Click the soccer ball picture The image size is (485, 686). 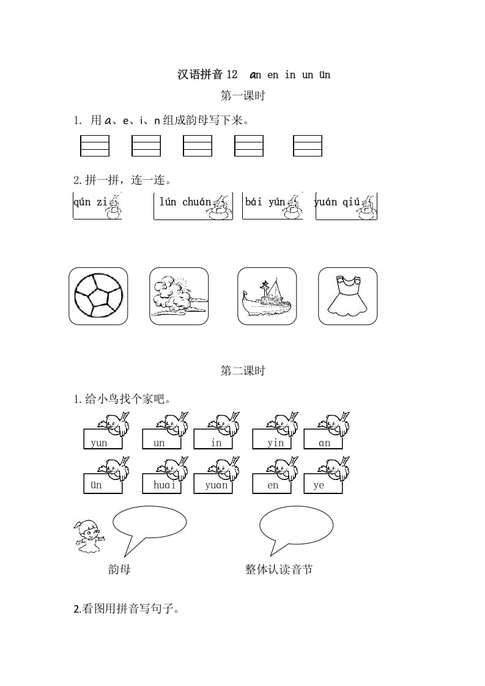pyautogui.click(x=98, y=296)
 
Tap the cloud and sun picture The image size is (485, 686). pyautogui.click(x=179, y=296)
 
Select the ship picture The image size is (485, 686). pyautogui.click(x=267, y=296)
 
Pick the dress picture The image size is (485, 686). pyautogui.click(x=347, y=296)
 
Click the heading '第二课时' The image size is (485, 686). pyautogui.click(x=242, y=371)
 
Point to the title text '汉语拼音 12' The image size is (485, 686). pyautogui.click(x=207, y=75)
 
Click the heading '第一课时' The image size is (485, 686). pyautogui.click(x=242, y=96)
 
